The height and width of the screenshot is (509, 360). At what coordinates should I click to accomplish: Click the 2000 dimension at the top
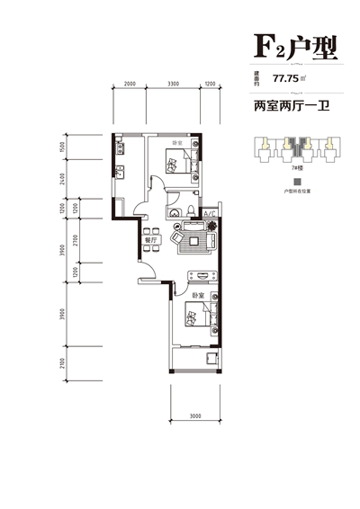point(130,85)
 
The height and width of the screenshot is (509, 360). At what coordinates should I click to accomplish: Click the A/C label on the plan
point(208,213)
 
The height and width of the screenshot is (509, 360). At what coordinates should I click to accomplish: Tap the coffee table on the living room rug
point(193,239)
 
